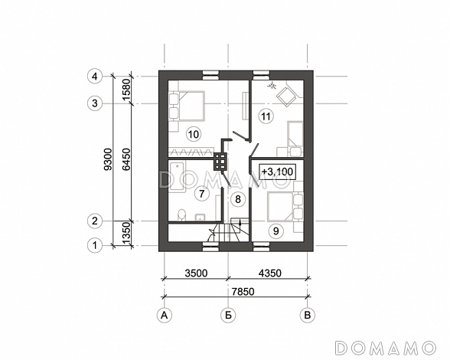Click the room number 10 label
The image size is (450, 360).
coord(194,134)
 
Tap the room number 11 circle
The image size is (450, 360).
coord(266,116)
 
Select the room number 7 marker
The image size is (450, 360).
coord(202,194)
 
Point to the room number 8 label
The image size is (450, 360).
coord(237,199)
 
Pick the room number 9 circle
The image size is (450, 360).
coord(276,231)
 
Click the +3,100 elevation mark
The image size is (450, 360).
coord(277,172)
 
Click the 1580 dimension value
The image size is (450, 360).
coord(126,90)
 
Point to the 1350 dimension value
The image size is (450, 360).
coord(126,234)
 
